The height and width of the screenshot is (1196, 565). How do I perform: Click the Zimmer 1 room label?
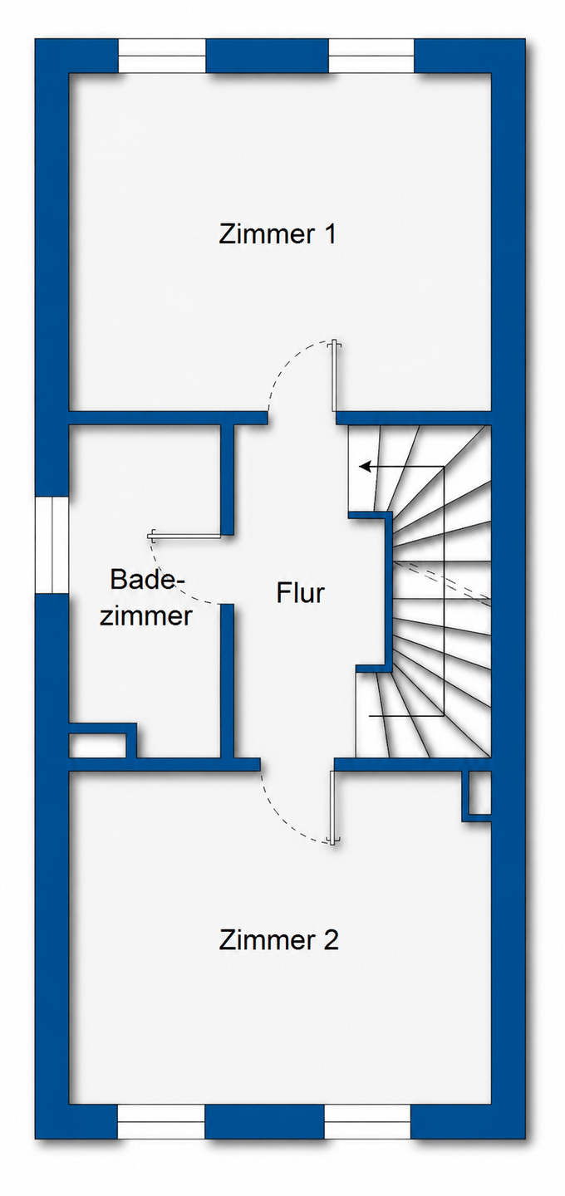coord(278,234)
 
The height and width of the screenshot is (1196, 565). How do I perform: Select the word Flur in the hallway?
coord(300,593)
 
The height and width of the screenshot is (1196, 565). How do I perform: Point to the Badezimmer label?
coord(145,597)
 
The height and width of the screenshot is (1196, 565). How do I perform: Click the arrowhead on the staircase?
coord(366,467)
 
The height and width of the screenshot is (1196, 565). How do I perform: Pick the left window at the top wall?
coord(161,55)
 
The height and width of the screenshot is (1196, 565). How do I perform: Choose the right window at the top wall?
coord(371,55)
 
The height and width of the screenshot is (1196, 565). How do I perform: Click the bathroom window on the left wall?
coord(52,544)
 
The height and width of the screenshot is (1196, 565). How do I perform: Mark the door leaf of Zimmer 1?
coord(334,376)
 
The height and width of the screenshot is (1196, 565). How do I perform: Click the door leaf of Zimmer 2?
coord(332,807)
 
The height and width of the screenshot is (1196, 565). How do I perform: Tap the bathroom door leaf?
coord(184,535)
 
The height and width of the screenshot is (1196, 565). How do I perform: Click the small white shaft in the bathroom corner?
coord(98,746)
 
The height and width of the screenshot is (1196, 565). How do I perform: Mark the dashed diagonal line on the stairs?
coord(442,582)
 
